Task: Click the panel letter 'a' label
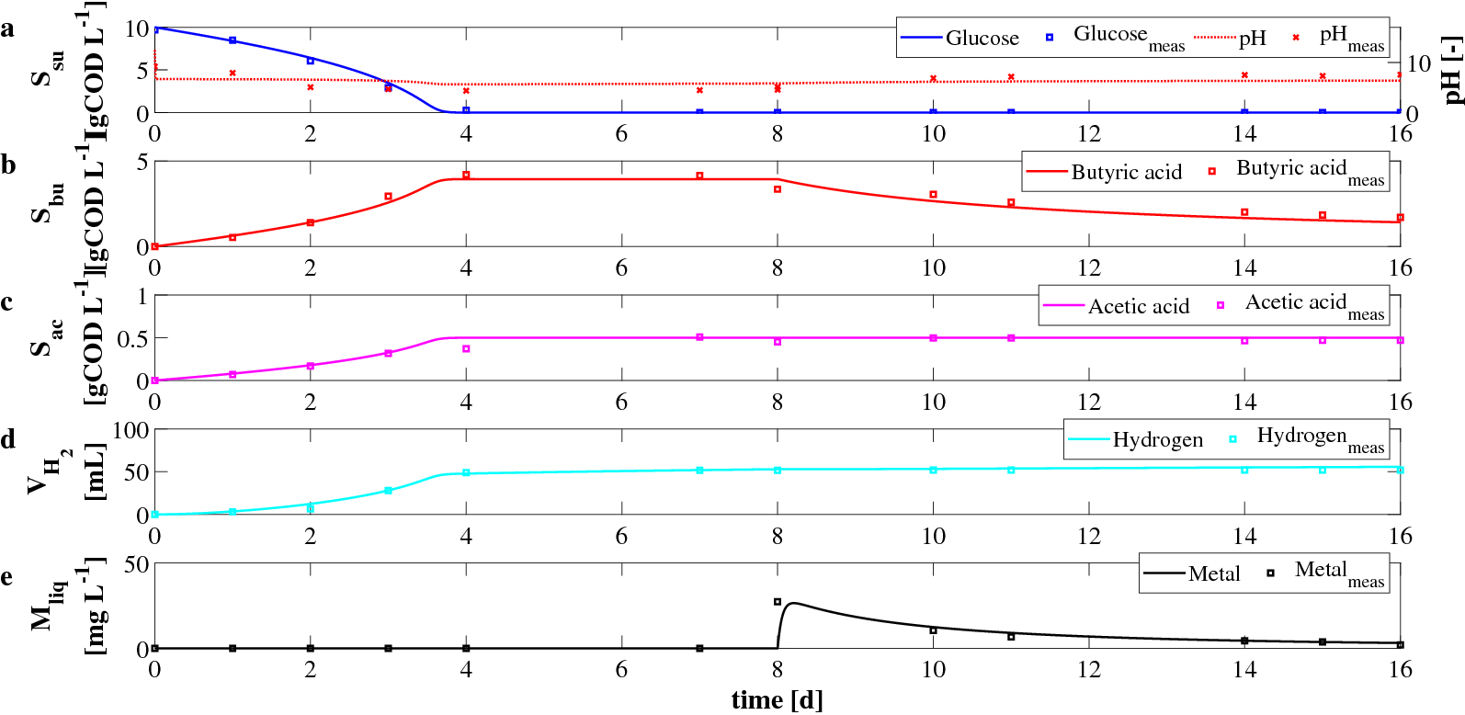8,29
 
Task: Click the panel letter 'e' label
7,577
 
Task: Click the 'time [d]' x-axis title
777,700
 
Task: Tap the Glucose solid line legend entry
960,38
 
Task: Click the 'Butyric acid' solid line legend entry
1103,172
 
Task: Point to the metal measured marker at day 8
778,602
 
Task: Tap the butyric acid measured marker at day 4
466,175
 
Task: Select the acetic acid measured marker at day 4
466,348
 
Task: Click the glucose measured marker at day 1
233,40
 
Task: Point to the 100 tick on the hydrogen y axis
130,430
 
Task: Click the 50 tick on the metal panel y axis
136,564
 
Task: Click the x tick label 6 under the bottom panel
621,670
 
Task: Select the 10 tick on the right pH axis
1419,63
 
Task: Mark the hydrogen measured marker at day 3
388,491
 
